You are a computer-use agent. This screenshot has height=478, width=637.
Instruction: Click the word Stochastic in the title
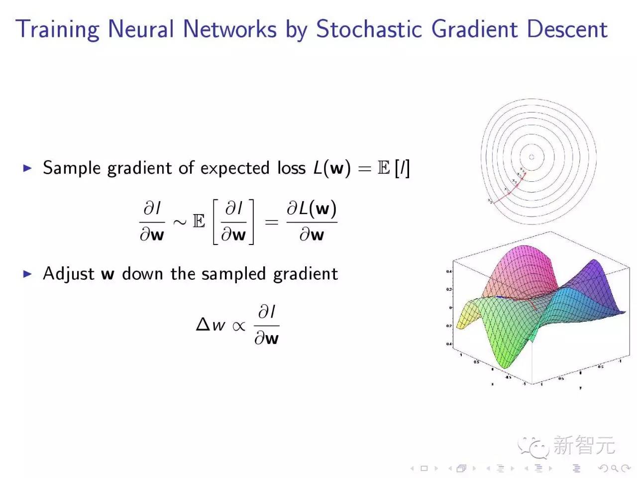coord(368,29)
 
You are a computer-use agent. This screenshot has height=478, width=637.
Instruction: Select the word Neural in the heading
coord(141,29)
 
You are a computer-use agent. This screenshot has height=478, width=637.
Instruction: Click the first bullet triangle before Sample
coord(27,168)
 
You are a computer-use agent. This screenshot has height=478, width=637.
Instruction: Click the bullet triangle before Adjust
coord(27,274)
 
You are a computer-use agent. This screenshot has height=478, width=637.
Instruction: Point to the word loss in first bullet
coord(291,168)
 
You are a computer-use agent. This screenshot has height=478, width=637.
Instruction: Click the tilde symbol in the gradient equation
coord(180,222)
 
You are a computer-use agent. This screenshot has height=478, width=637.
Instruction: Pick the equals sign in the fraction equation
coord(271,222)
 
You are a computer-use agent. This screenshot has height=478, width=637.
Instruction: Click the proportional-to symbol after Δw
coord(239,326)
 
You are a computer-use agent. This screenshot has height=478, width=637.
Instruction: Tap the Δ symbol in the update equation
coord(203,325)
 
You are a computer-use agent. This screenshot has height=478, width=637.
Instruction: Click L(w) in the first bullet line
coord(331,168)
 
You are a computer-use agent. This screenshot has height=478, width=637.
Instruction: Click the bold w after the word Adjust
coord(107,274)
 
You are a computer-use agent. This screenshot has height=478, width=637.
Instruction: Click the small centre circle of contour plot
coord(531,157)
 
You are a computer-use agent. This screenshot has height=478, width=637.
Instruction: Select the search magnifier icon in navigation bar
coord(614,468)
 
